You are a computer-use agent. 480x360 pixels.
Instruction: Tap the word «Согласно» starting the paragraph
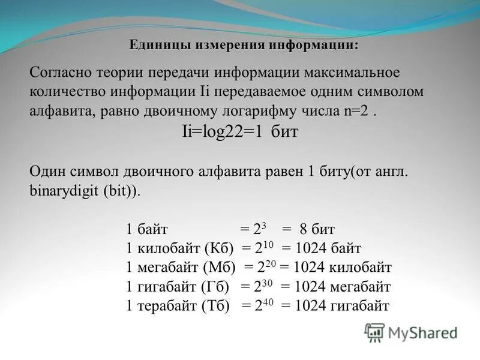coord(57,73)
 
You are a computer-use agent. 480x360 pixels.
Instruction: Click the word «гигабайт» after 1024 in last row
coord(359,305)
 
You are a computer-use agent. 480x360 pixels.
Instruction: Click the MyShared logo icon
coord(374,332)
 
